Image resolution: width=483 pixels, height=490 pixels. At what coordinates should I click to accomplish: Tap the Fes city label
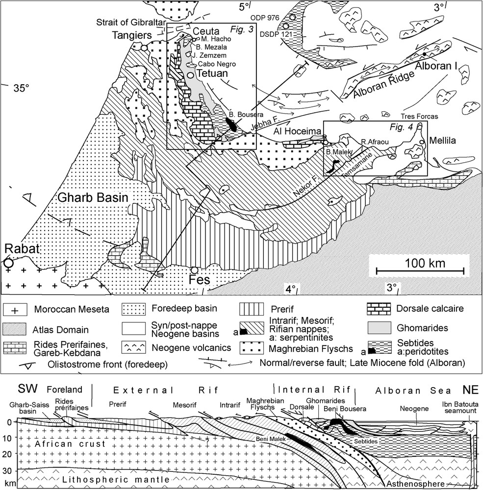tap(199, 280)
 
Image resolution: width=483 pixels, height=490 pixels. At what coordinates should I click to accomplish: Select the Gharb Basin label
tap(93, 197)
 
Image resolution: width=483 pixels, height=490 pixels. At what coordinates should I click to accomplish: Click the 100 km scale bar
tap(420, 271)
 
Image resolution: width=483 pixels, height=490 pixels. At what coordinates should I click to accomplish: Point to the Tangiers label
tap(132, 35)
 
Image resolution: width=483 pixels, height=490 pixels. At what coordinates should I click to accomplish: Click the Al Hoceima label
tap(297, 131)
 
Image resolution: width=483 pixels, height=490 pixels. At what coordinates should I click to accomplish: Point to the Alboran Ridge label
tap(384, 85)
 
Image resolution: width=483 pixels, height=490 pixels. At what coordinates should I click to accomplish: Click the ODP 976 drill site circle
tap(292, 17)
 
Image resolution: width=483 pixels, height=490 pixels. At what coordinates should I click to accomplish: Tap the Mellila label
tap(442, 141)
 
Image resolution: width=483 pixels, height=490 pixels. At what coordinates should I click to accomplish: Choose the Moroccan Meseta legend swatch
tap(15, 309)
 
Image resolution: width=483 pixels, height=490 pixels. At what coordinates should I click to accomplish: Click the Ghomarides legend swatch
tap(379, 328)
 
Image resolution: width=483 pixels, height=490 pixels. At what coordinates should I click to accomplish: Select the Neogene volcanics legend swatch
tap(133, 347)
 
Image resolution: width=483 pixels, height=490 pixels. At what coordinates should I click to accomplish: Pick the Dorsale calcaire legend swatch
tap(379, 309)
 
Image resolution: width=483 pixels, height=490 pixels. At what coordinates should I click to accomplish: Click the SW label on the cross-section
tap(27, 389)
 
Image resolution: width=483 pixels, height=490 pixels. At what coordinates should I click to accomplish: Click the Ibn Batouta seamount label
tap(460, 407)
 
